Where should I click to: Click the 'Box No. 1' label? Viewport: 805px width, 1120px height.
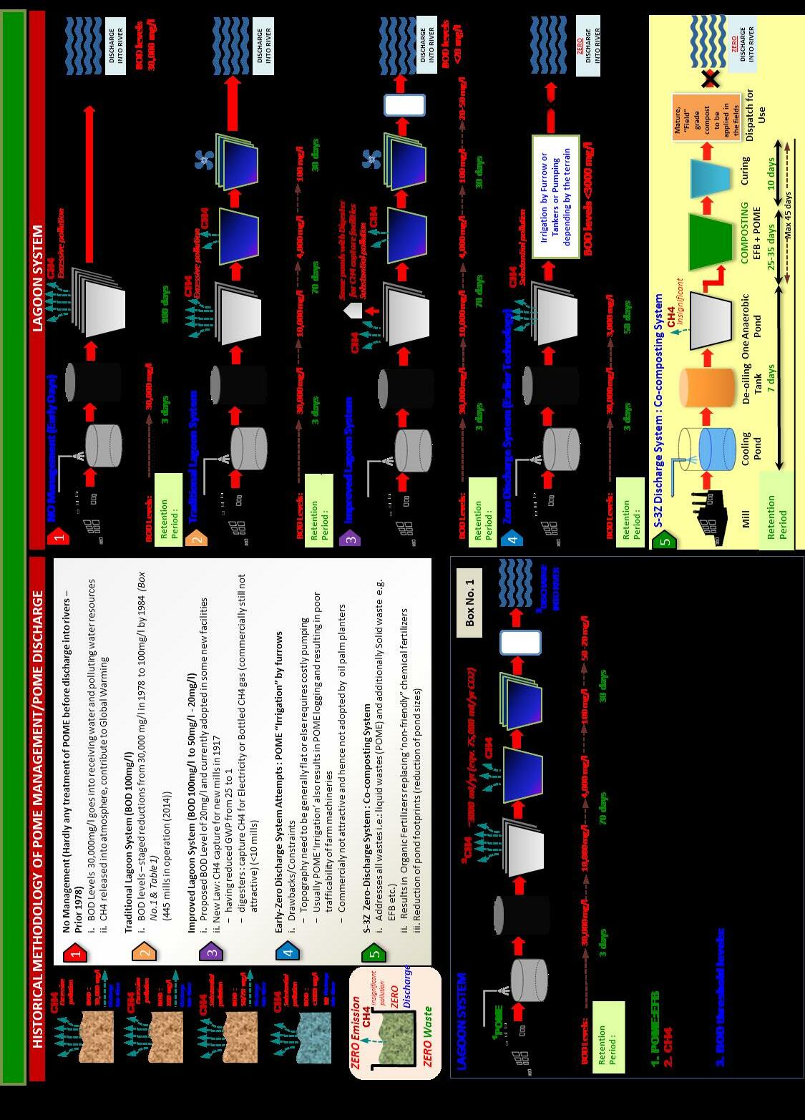click(469, 603)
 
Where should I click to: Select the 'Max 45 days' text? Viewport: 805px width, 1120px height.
click(787, 215)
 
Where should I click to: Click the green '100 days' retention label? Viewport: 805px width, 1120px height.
click(165, 304)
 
